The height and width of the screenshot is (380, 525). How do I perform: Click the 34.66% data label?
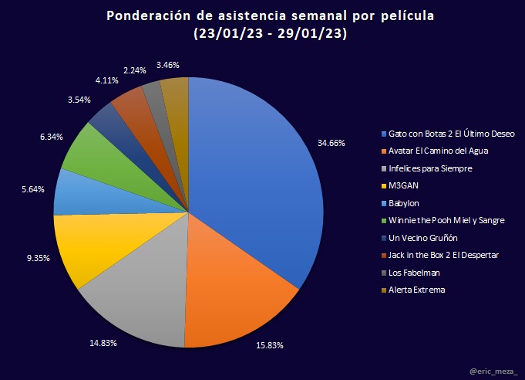[x=332, y=143]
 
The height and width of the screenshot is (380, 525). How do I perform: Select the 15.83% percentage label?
[x=270, y=345]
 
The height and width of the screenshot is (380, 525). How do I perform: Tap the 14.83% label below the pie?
[x=103, y=342]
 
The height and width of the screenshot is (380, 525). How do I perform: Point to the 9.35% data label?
[x=38, y=258]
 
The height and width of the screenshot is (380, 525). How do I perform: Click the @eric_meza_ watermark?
[x=494, y=371]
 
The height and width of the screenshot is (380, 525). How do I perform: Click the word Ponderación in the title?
[x=147, y=16]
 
